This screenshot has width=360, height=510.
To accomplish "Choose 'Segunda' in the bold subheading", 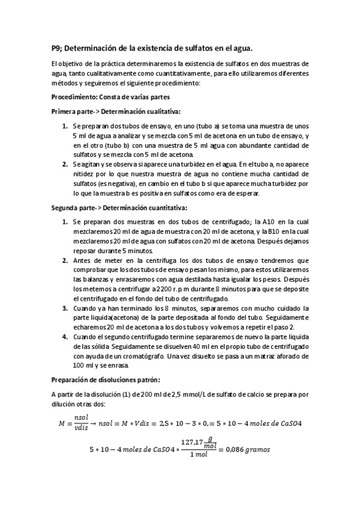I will coord(67,208).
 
